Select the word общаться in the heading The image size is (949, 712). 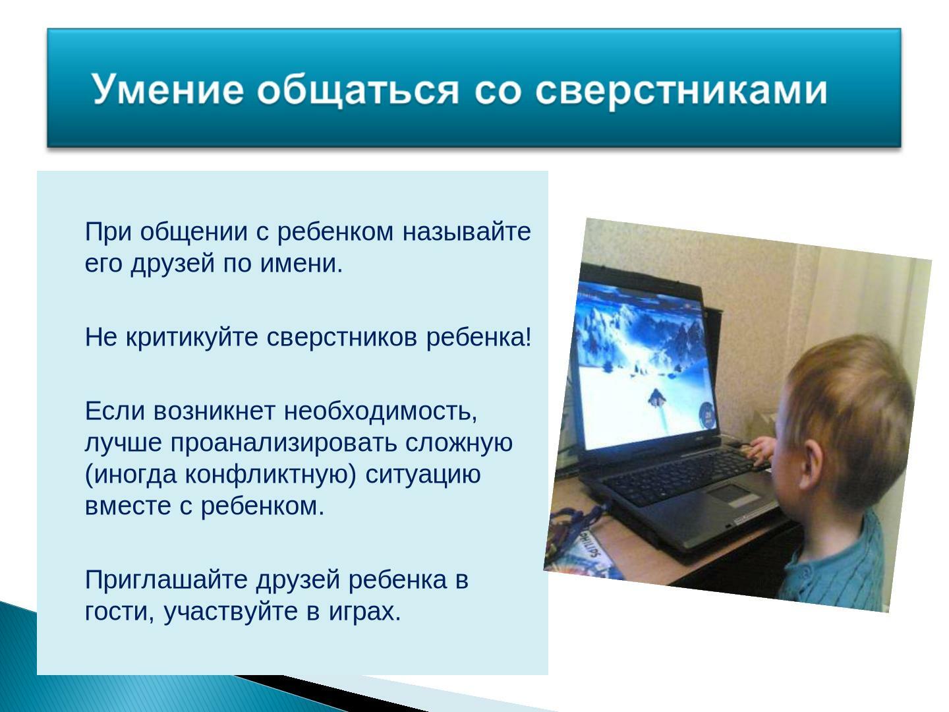[357, 92]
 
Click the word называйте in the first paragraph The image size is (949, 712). [467, 232]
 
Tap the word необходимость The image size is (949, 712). [380, 411]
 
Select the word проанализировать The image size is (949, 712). [283, 443]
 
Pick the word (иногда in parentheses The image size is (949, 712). [131, 475]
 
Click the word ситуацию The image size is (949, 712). [423, 475]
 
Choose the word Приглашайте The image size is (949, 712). [166, 581]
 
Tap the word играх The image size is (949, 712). [365, 613]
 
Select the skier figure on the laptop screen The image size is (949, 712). [656, 398]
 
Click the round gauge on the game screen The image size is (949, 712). [707, 413]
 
